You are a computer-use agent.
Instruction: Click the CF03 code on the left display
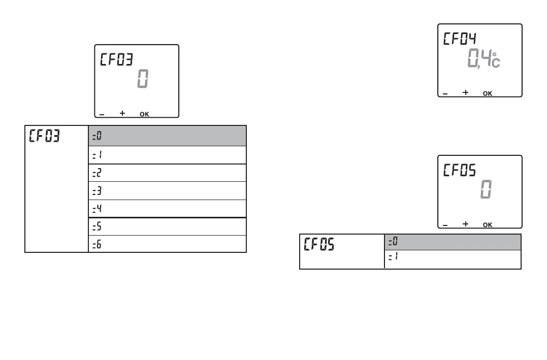coord(116,60)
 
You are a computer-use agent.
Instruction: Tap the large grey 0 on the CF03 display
coord(143,80)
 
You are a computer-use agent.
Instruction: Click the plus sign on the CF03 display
coord(122,113)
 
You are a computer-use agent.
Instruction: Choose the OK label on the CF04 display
coord(487,93)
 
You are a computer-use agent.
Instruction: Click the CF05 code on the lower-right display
coord(460,171)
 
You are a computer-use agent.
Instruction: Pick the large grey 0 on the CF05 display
coord(486,190)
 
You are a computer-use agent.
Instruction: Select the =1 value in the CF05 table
coord(393,257)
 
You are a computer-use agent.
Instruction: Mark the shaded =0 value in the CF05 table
coord(393,242)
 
